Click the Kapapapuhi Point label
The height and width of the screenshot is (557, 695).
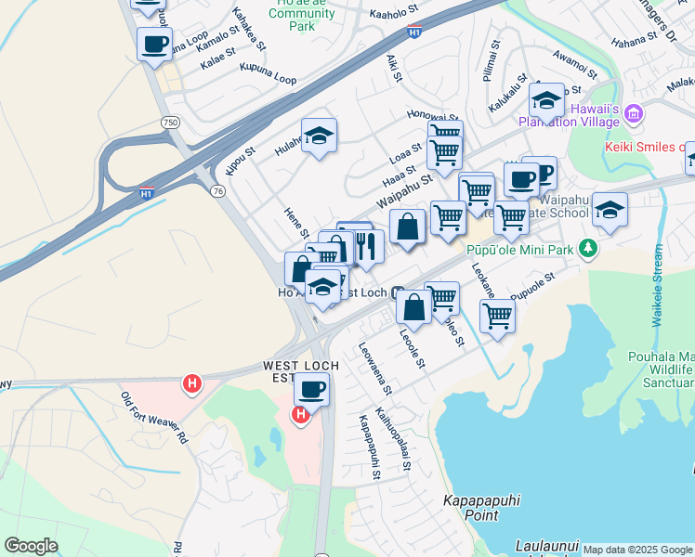click(x=482, y=508)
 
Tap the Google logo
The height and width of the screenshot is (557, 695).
click(x=31, y=546)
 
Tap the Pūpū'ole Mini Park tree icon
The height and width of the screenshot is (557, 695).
click(x=587, y=249)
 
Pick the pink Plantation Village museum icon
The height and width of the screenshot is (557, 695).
click(x=635, y=115)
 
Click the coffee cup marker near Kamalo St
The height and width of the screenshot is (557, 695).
click(x=154, y=43)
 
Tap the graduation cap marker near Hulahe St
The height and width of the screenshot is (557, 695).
click(x=319, y=136)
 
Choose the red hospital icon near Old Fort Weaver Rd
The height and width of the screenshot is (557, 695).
click(x=192, y=382)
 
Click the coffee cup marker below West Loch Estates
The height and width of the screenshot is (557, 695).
click(x=312, y=390)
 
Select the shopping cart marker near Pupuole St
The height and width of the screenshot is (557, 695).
click(x=498, y=316)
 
